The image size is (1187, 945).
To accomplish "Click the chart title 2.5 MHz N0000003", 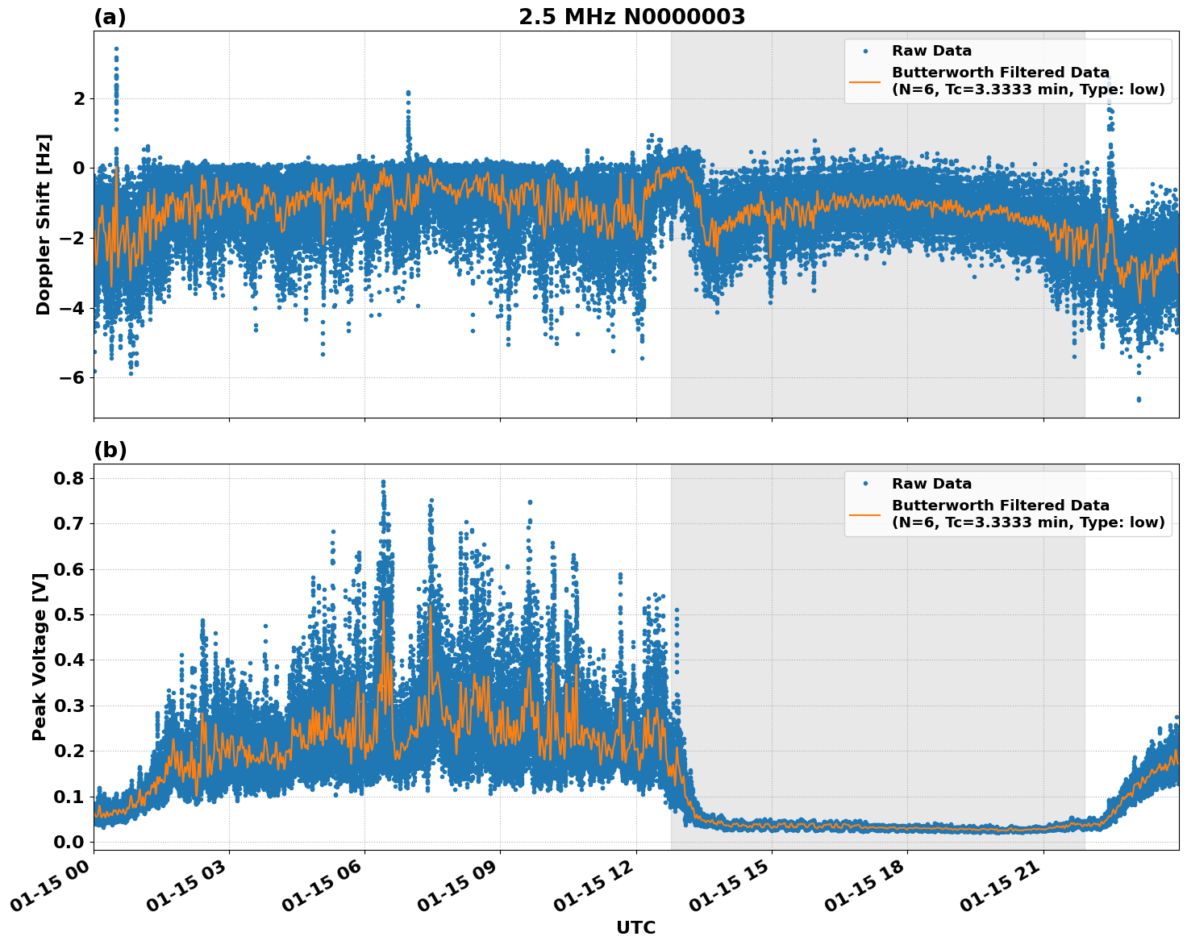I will pos(631,17).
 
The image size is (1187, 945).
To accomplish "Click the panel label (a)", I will pos(110,17).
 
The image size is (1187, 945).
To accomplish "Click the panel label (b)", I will pos(110,450).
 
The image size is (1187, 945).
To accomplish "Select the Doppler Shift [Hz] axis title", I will pos(44,224).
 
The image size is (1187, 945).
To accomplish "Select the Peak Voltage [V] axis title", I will pos(40,656).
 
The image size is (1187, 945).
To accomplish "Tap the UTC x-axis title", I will pos(635,927).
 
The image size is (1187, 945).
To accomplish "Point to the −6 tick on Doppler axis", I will pos(73,377).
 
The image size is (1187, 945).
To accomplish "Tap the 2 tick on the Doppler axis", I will pos(79,98).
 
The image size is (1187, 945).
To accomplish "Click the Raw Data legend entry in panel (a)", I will pos(931,51).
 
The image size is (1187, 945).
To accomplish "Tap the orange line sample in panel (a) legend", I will pos(864,81).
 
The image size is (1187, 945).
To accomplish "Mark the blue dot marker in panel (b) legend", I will pos(865,484).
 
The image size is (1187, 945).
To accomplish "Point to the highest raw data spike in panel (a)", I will pos(116,49).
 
